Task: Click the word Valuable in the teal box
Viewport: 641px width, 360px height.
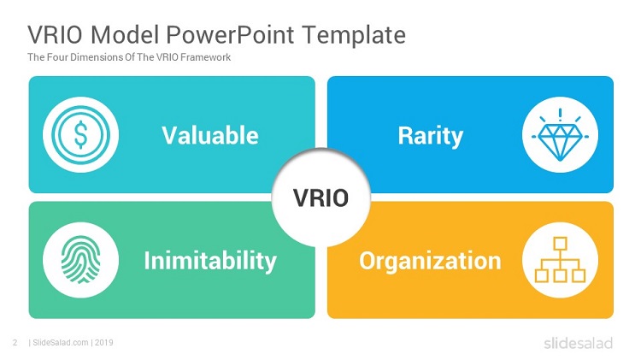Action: (x=210, y=135)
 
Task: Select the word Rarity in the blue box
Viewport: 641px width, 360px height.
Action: (x=431, y=136)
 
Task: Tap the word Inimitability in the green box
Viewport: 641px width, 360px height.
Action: (x=210, y=261)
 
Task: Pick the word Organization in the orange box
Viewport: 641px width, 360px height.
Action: (x=430, y=262)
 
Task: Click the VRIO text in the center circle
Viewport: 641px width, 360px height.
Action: (x=320, y=198)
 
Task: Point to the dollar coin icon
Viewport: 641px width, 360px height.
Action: (x=80, y=134)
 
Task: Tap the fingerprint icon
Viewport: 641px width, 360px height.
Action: (x=80, y=260)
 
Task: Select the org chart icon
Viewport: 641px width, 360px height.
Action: (x=560, y=260)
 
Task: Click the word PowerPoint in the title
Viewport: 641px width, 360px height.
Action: (x=230, y=34)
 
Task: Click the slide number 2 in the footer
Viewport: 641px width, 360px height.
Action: (x=15, y=342)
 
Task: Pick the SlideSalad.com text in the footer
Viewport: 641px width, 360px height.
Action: (x=61, y=342)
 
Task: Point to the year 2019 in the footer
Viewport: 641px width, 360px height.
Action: (x=104, y=342)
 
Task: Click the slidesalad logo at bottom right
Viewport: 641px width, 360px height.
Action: (x=578, y=343)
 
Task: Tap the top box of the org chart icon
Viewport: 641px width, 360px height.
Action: (x=560, y=244)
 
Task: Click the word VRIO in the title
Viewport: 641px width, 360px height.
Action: (x=56, y=34)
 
